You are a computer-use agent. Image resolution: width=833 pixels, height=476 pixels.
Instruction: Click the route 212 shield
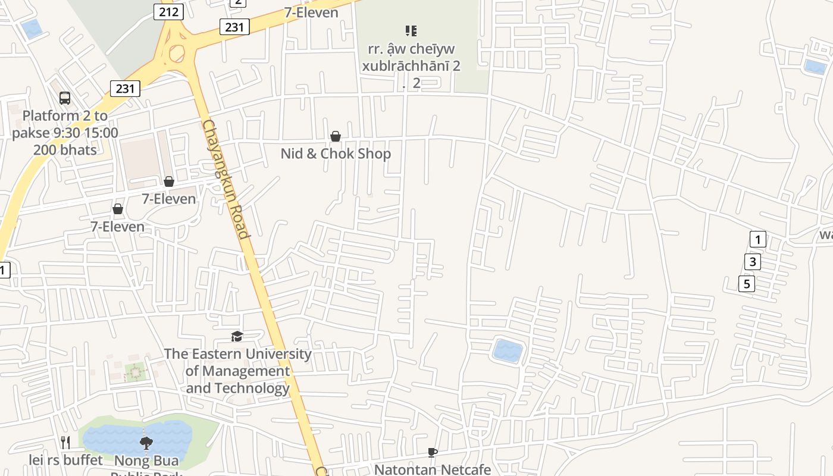pyautogui.click(x=168, y=11)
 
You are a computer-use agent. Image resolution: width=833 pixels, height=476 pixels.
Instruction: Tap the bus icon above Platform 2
pyautogui.click(x=65, y=98)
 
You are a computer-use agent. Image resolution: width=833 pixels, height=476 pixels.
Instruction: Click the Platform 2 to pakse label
pyautogui.click(x=65, y=132)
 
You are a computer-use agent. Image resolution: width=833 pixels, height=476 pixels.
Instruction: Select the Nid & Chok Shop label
pyautogui.click(x=336, y=154)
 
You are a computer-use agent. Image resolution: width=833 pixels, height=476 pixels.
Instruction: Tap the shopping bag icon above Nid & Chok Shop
pyautogui.click(x=336, y=136)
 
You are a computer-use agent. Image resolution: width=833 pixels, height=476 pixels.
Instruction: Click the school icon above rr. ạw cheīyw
pyautogui.click(x=411, y=30)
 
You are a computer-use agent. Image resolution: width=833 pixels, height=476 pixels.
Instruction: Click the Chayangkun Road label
pyautogui.click(x=226, y=178)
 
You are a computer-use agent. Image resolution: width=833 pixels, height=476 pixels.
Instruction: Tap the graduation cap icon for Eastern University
pyautogui.click(x=237, y=336)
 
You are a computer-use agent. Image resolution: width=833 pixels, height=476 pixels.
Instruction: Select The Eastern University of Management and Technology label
pyautogui.click(x=237, y=371)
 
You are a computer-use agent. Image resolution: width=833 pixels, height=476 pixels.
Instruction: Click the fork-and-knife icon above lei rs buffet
pyautogui.click(x=65, y=442)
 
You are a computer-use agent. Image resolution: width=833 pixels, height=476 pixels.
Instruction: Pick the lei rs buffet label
pyautogui.click(x=65, y=460)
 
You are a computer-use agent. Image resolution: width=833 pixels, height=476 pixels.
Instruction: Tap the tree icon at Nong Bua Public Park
pyautogui.click(x=146, y=443)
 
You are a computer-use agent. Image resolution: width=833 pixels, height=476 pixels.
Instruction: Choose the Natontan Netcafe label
pyautogui.click(x=433, y=469)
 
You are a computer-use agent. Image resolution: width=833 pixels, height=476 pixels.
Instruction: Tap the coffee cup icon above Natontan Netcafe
pyautogui.click(x=433, y=452)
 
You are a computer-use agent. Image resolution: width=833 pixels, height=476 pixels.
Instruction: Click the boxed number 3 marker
pyautogui.click(x=752, y=261)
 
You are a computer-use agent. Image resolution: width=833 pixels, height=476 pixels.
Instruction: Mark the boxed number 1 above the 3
pyautogui.click(x=757, y=240)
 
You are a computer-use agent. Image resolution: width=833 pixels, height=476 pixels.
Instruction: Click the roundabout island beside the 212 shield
pyautogui.click(x=177, y=54)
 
